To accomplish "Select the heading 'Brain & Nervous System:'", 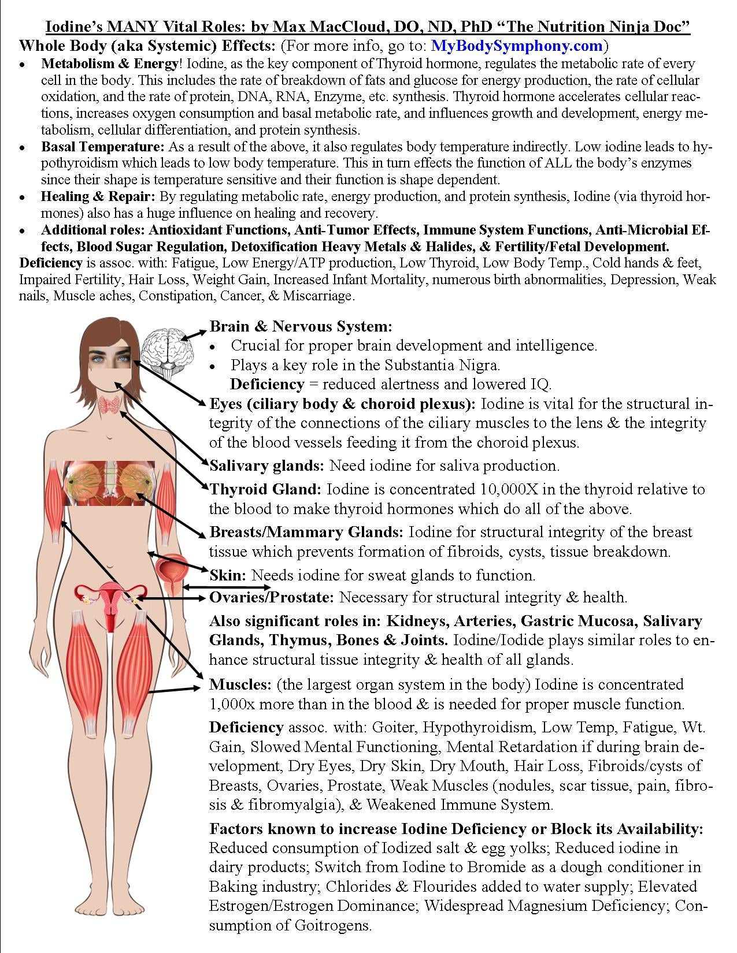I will point(301,326).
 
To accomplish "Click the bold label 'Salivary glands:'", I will point(268,466).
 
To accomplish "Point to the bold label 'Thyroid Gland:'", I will point(265,490).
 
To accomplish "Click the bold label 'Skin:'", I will point(228,575).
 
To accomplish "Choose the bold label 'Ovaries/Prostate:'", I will point(271,597).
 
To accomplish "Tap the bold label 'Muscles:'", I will point(240,685).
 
